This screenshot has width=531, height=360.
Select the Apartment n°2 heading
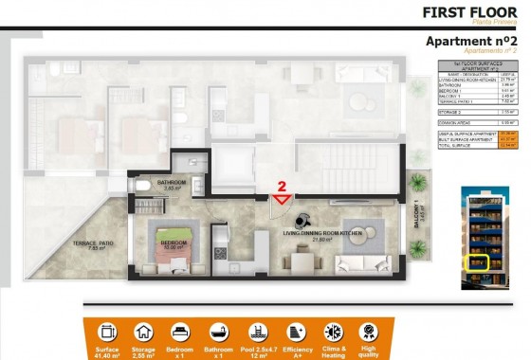click(x=471, y=42)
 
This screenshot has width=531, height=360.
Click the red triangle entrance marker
click(x=282, y=199)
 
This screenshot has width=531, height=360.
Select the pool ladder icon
click(x=257, y=333)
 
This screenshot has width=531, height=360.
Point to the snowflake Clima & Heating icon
click(x=333, y=333)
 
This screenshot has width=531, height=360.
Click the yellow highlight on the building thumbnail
click(x=480, y=261)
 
